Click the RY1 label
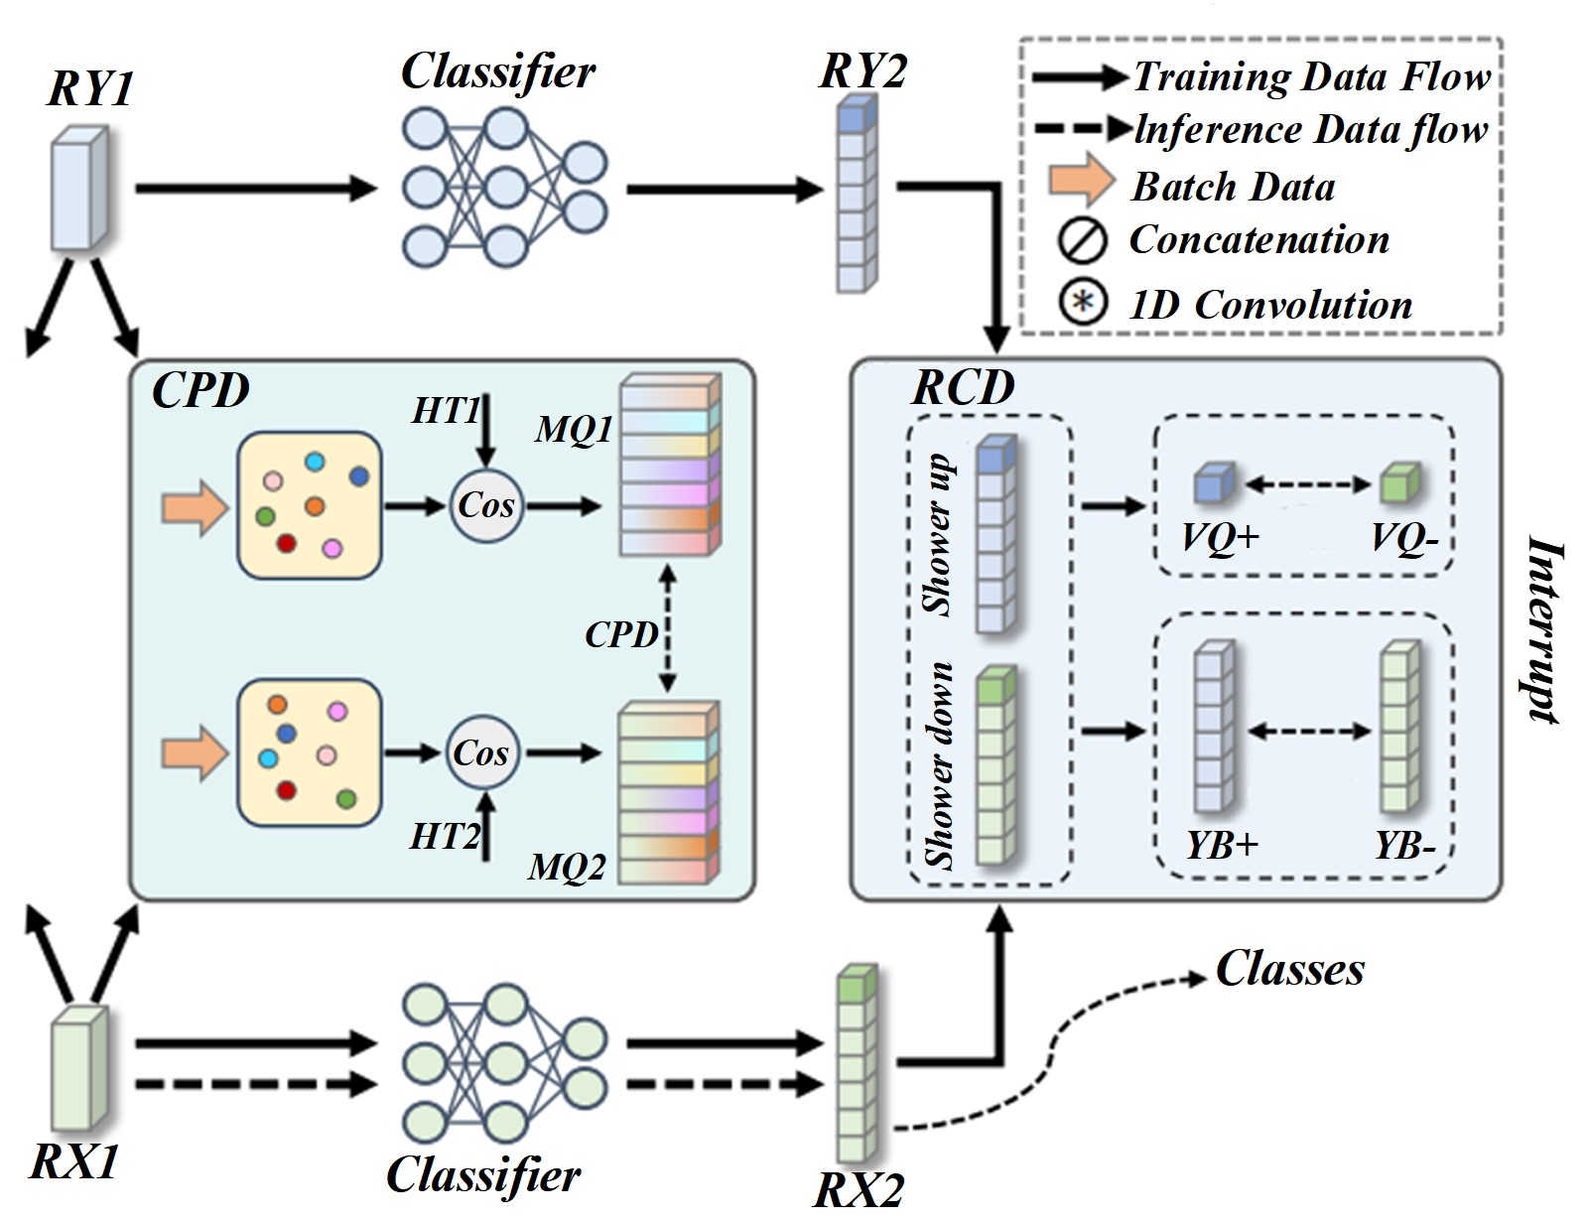90,89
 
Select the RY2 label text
862,71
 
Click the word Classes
1289,969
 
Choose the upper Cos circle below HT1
485,505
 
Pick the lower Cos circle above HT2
481,753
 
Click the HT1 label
446,410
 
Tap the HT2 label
445,837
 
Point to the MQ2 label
567,867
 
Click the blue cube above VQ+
1212,482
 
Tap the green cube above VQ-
1399,482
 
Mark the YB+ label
1222,845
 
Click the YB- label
1404,845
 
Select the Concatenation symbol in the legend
1082,241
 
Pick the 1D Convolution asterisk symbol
1083,303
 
